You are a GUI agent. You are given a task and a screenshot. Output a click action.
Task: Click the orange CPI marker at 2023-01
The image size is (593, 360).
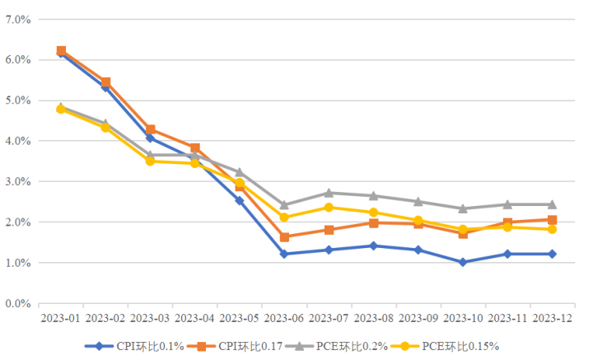pos(61,51)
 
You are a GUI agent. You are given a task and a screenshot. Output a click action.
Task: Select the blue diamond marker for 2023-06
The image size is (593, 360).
pos(284,254)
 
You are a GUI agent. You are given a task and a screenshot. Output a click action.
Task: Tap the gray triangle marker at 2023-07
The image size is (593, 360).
pos(329,193)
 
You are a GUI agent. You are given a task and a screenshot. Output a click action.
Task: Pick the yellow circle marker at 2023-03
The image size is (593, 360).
pos(150,161)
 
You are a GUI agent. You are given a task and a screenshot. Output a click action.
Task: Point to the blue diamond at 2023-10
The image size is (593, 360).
pos(463,262)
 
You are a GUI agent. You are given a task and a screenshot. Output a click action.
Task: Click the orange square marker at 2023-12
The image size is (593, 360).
pos(552,220)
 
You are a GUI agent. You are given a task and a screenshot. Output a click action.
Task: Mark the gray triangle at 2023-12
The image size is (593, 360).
pos(552,204)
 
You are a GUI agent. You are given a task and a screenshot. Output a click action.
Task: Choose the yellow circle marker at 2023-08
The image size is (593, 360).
pos(373,213)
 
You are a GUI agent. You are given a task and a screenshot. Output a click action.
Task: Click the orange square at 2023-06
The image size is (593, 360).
pos(284,237)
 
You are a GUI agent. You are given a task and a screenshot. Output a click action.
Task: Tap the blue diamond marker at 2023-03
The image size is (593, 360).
pos(150,138)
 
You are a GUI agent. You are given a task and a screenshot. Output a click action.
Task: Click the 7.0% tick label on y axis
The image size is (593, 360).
pos(17,18)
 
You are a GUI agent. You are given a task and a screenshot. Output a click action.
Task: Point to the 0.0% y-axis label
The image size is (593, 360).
pos(17,303)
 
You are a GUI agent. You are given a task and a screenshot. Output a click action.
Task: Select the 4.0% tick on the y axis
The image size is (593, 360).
pos(17,141)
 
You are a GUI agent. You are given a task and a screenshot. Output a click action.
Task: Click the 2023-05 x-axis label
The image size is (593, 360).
pos(240,317)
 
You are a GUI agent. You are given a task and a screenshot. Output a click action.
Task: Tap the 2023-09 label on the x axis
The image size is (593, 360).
pos(418,317)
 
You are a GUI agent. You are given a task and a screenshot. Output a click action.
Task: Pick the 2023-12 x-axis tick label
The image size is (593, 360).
pos(552,317)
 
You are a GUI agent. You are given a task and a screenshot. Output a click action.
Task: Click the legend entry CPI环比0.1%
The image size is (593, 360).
pos(136,346)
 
